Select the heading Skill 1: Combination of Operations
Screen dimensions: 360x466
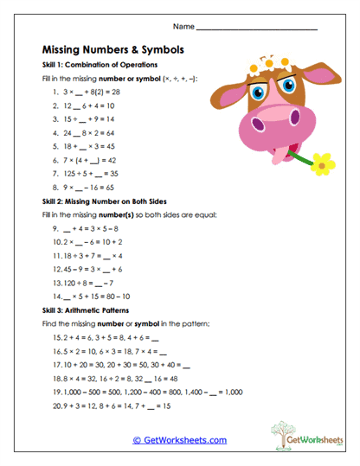[x=100, y=65]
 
